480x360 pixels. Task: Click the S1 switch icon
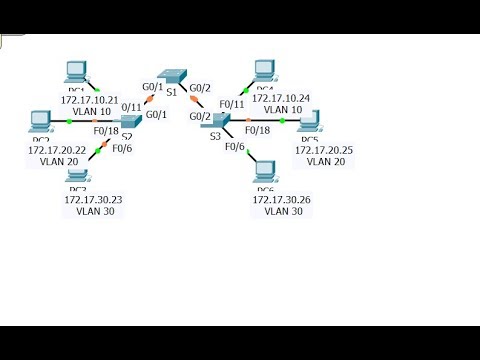click(x=176, y=77)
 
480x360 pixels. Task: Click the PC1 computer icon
click(x=75, y=71)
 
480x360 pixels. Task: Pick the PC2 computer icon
click(x=41, y=121)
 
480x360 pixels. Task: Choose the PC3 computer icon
click(x=78, y=175)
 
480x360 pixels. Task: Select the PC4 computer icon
click(x=264, y=70)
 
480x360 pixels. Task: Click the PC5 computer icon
click(x=309, y=121)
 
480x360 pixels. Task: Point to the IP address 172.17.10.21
click(x=90, y=100)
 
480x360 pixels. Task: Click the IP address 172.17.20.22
click(x=58, y=150)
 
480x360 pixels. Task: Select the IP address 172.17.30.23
click(x=93, y=200)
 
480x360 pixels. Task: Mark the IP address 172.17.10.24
click(x=281, y=99)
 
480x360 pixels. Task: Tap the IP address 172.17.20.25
click(x=324, y=150)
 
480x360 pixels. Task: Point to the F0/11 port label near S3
click(x=232, y=104)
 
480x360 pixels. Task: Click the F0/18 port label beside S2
click(x=107, y=130)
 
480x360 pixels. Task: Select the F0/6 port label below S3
click(x=235, y=147)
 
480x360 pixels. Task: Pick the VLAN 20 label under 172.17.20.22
click(x=58, y=161)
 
